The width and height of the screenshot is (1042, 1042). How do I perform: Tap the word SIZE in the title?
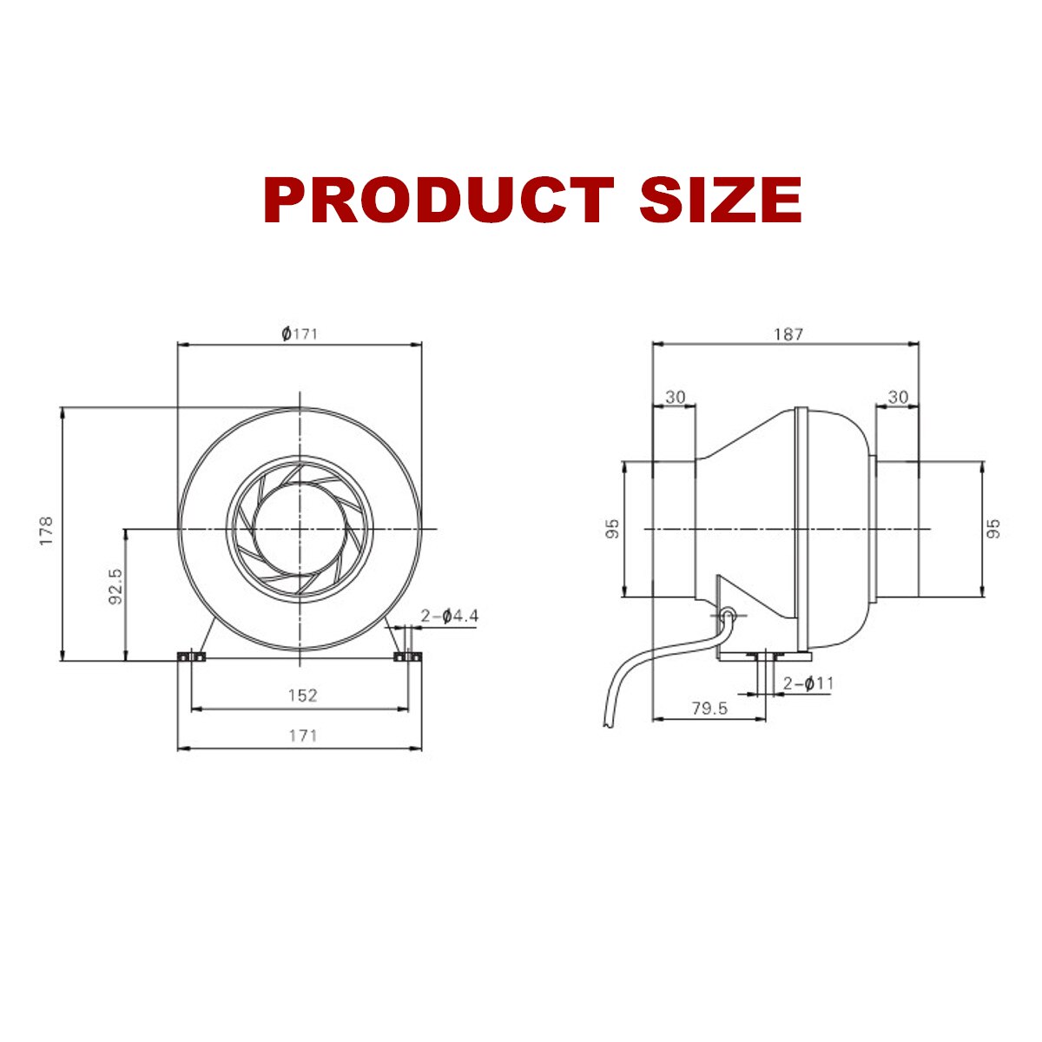[721, 200]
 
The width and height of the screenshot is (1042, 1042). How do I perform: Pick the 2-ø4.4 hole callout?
[449, 617]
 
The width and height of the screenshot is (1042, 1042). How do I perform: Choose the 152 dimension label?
[302, 695]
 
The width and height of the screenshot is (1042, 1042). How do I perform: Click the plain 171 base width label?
[302, 735]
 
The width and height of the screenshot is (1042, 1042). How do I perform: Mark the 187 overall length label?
[788, 333]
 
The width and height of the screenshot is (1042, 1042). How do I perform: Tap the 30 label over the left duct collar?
[675, 397]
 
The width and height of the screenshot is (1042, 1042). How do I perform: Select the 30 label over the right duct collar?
[898, 397]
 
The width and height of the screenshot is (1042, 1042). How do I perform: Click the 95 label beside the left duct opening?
[613, 529]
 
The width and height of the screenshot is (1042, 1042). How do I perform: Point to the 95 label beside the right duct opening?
[995, 529]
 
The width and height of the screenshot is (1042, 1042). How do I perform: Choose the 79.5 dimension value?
[709, 709]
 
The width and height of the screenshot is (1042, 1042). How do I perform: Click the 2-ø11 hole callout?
[808, 683]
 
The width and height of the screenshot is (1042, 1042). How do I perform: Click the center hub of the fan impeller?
[299, 528]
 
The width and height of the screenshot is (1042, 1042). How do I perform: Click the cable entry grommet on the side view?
[728, 616]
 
